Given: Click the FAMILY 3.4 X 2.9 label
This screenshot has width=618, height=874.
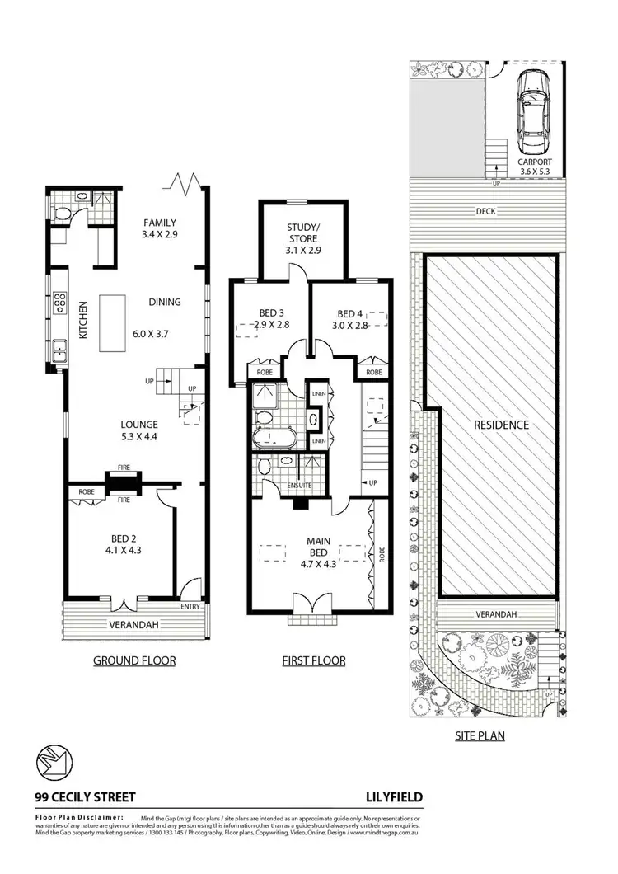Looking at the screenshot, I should tap(161, 228).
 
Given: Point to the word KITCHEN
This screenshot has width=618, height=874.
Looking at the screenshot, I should tap(82, 321).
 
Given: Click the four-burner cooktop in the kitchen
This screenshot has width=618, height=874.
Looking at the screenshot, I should tap(59, 302).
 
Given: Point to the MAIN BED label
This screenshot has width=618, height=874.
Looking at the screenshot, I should tap(319, 548).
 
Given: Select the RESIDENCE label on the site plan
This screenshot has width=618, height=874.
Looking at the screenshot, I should tap(500, 425).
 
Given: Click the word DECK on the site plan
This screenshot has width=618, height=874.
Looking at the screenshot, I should tap(485, 211).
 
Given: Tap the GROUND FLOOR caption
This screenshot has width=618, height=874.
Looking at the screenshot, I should tap(133, 660).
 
